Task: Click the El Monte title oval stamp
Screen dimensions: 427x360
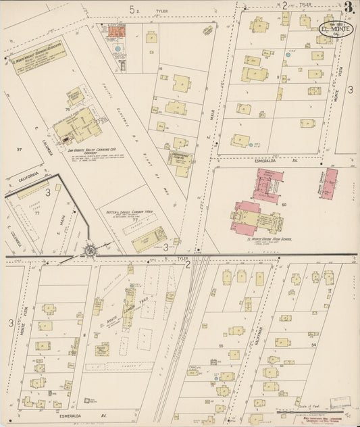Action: coord(335,31)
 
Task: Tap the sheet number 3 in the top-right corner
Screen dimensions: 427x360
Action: coord(348,8)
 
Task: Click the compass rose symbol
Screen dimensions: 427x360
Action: coord(89,251)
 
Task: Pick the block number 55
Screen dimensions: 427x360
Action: coord(221,345)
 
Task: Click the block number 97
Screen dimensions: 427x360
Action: coord(20,148)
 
